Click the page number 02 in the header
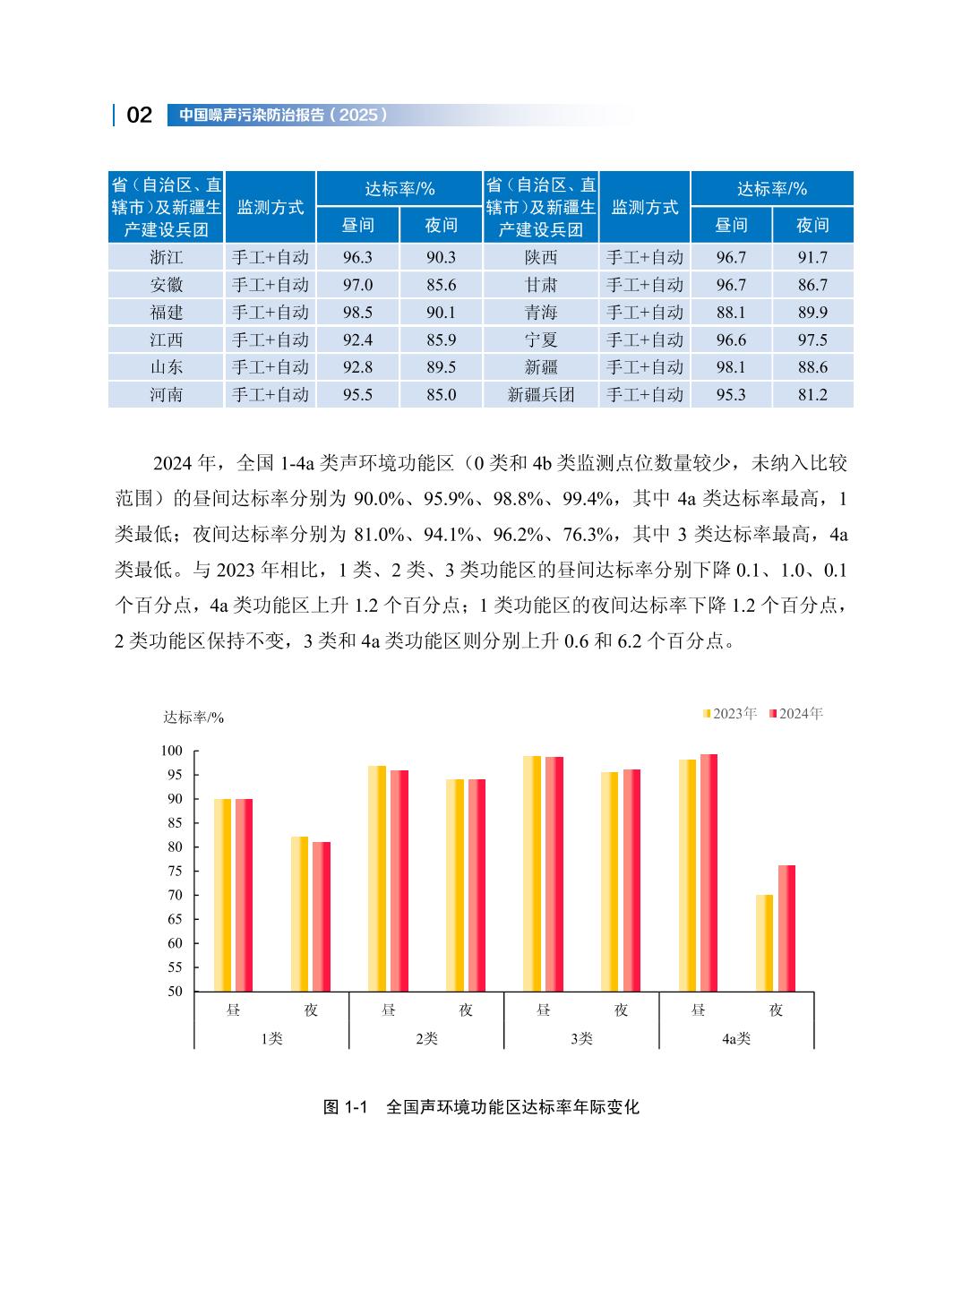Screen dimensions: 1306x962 coord(140,115)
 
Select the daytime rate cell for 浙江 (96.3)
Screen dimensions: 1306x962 coord(357,257)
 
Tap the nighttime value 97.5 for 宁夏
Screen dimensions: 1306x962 coord(812,339)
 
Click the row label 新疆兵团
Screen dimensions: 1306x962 coord(541,394)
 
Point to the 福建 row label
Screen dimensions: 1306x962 coord(167,312)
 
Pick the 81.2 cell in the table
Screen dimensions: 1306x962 coord(812,394)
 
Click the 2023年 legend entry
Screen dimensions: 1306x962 coord(730,714)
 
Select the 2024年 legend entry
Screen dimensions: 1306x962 coord(795,714)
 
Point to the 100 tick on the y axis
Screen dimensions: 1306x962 coord(171,751)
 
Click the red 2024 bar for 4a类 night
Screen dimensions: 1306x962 coord(786,928)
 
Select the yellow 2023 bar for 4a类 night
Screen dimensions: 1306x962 coord(764,942)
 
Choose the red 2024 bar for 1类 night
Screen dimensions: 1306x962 coord(322,916)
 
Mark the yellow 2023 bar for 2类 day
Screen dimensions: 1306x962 coord(376,878)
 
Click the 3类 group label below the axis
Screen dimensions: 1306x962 coord(581,1038)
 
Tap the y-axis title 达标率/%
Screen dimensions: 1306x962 coord(193,717)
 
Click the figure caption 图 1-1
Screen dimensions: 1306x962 coord(346,1107)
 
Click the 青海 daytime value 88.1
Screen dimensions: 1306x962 coord(731,312)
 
